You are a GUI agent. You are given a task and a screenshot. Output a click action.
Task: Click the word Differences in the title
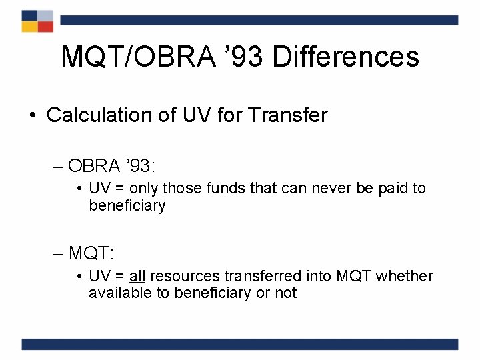[x=345, y=57]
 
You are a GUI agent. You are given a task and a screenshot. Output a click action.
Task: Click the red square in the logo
[x=45, y=27]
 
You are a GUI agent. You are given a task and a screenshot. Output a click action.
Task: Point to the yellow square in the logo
[x=29, y=27]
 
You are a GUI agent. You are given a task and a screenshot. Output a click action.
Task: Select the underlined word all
[x=137, y=276]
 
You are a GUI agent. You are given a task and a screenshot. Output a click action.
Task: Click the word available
[x=120, y=293]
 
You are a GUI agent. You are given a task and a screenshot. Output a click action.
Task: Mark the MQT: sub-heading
[x=91, y=253]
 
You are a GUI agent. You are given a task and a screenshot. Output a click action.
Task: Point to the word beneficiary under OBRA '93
[x=127, y=206]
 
